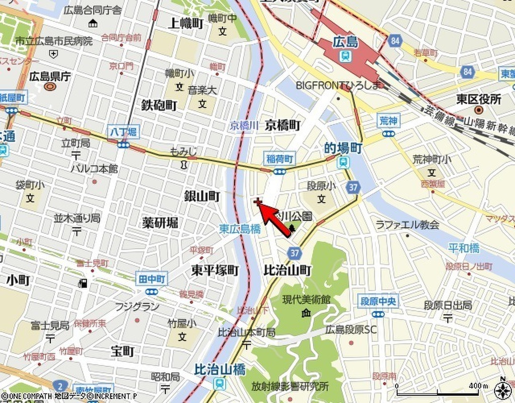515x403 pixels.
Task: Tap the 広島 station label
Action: click(x=346, y=43)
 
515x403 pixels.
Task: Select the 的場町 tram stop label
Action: click(x=343, y=148)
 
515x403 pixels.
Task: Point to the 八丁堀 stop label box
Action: click(x=123, y=132)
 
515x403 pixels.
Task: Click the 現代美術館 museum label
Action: click(x=306, y=300)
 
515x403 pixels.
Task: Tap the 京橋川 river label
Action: click(x=244, y=126)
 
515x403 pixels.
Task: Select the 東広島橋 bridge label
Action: click(x=240, y=229)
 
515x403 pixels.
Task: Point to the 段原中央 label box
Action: click(x=378, y=302)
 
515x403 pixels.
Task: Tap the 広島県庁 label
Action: click(x=49, y=77)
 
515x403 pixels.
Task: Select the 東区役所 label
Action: click(x=479, y=99)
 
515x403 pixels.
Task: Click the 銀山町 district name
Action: click(x=202, y=196)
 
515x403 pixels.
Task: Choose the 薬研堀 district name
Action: click(x=160, y=223)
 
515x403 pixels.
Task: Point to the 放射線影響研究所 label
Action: click(x=290, y=387)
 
